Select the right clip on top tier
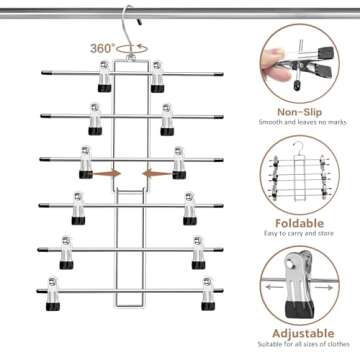point(158,79)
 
